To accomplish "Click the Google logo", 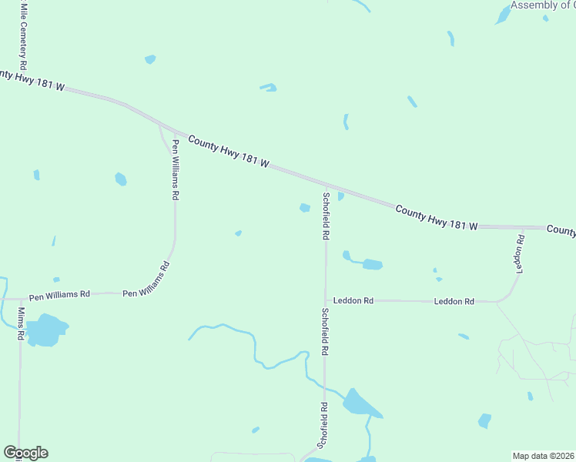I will tap(25, 453).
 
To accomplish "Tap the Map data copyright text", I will tap(543, 456).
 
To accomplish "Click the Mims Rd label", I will tap(22, 323).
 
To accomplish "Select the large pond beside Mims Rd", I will tap(46, 330).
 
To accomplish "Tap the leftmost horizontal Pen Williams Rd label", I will tap(59, 295).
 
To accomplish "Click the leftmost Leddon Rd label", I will tap(353, 301).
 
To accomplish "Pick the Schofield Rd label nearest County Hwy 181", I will tap(327, 216).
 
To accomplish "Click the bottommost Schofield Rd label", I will tap(323, 425).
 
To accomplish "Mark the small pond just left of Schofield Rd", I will tap(305, 207).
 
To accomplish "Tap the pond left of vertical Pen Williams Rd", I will tap(121, 179).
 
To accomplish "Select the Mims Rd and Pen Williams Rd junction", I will tap(19, 298).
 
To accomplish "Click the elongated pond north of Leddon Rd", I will tap(370, 264).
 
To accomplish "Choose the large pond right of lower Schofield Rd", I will tap(358, 403).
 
